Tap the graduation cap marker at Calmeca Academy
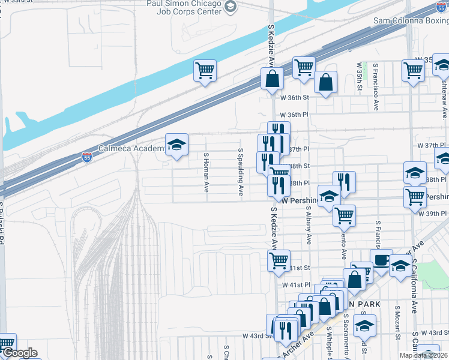[x=176, y=145]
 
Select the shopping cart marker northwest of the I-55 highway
[x=205, y=71]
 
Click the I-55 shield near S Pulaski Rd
[x=87, y=157]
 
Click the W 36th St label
[x=294, y=97]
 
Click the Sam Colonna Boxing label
[x=411, y=20]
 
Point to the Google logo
[x=19, y=353]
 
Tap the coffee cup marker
[x=381, y=260]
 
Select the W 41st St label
[x=294, y=268]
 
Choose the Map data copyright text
[x=423, y=355]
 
